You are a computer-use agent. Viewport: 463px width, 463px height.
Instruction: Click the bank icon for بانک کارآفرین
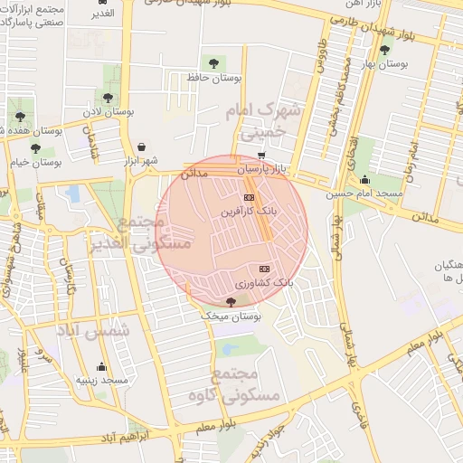point(249,197)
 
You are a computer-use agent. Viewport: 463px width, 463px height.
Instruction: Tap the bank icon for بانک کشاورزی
point(264,269)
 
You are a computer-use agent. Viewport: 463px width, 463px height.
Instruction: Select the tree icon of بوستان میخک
point(228,303)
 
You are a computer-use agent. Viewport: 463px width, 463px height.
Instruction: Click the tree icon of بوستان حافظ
point(213,62)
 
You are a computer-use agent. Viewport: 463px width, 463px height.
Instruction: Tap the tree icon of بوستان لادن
point(107,96)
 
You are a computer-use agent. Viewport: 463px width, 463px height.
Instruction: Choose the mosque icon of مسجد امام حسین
point(364,179)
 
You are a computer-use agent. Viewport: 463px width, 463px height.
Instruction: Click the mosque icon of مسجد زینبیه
point(101,367)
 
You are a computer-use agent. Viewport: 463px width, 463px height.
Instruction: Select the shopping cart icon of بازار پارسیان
point(261,156)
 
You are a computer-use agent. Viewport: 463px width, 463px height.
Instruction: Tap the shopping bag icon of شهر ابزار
point(141,146)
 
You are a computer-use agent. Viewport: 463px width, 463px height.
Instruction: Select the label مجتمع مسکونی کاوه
point(236,384)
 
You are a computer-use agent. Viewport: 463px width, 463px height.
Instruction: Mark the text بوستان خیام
point(34,162)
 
